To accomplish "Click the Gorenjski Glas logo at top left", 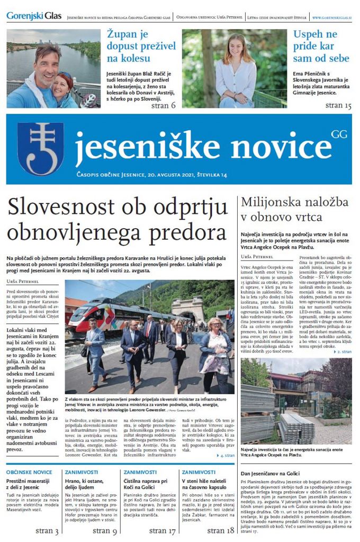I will pos(34,16).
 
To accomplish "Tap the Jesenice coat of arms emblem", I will pos(40,148).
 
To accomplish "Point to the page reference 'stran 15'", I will pos(338,105).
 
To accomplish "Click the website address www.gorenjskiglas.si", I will pos(332,17).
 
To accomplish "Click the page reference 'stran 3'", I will pos(47,531).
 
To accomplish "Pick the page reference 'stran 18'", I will pos(220,531).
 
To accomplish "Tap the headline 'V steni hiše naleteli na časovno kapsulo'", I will pos(205,484).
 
